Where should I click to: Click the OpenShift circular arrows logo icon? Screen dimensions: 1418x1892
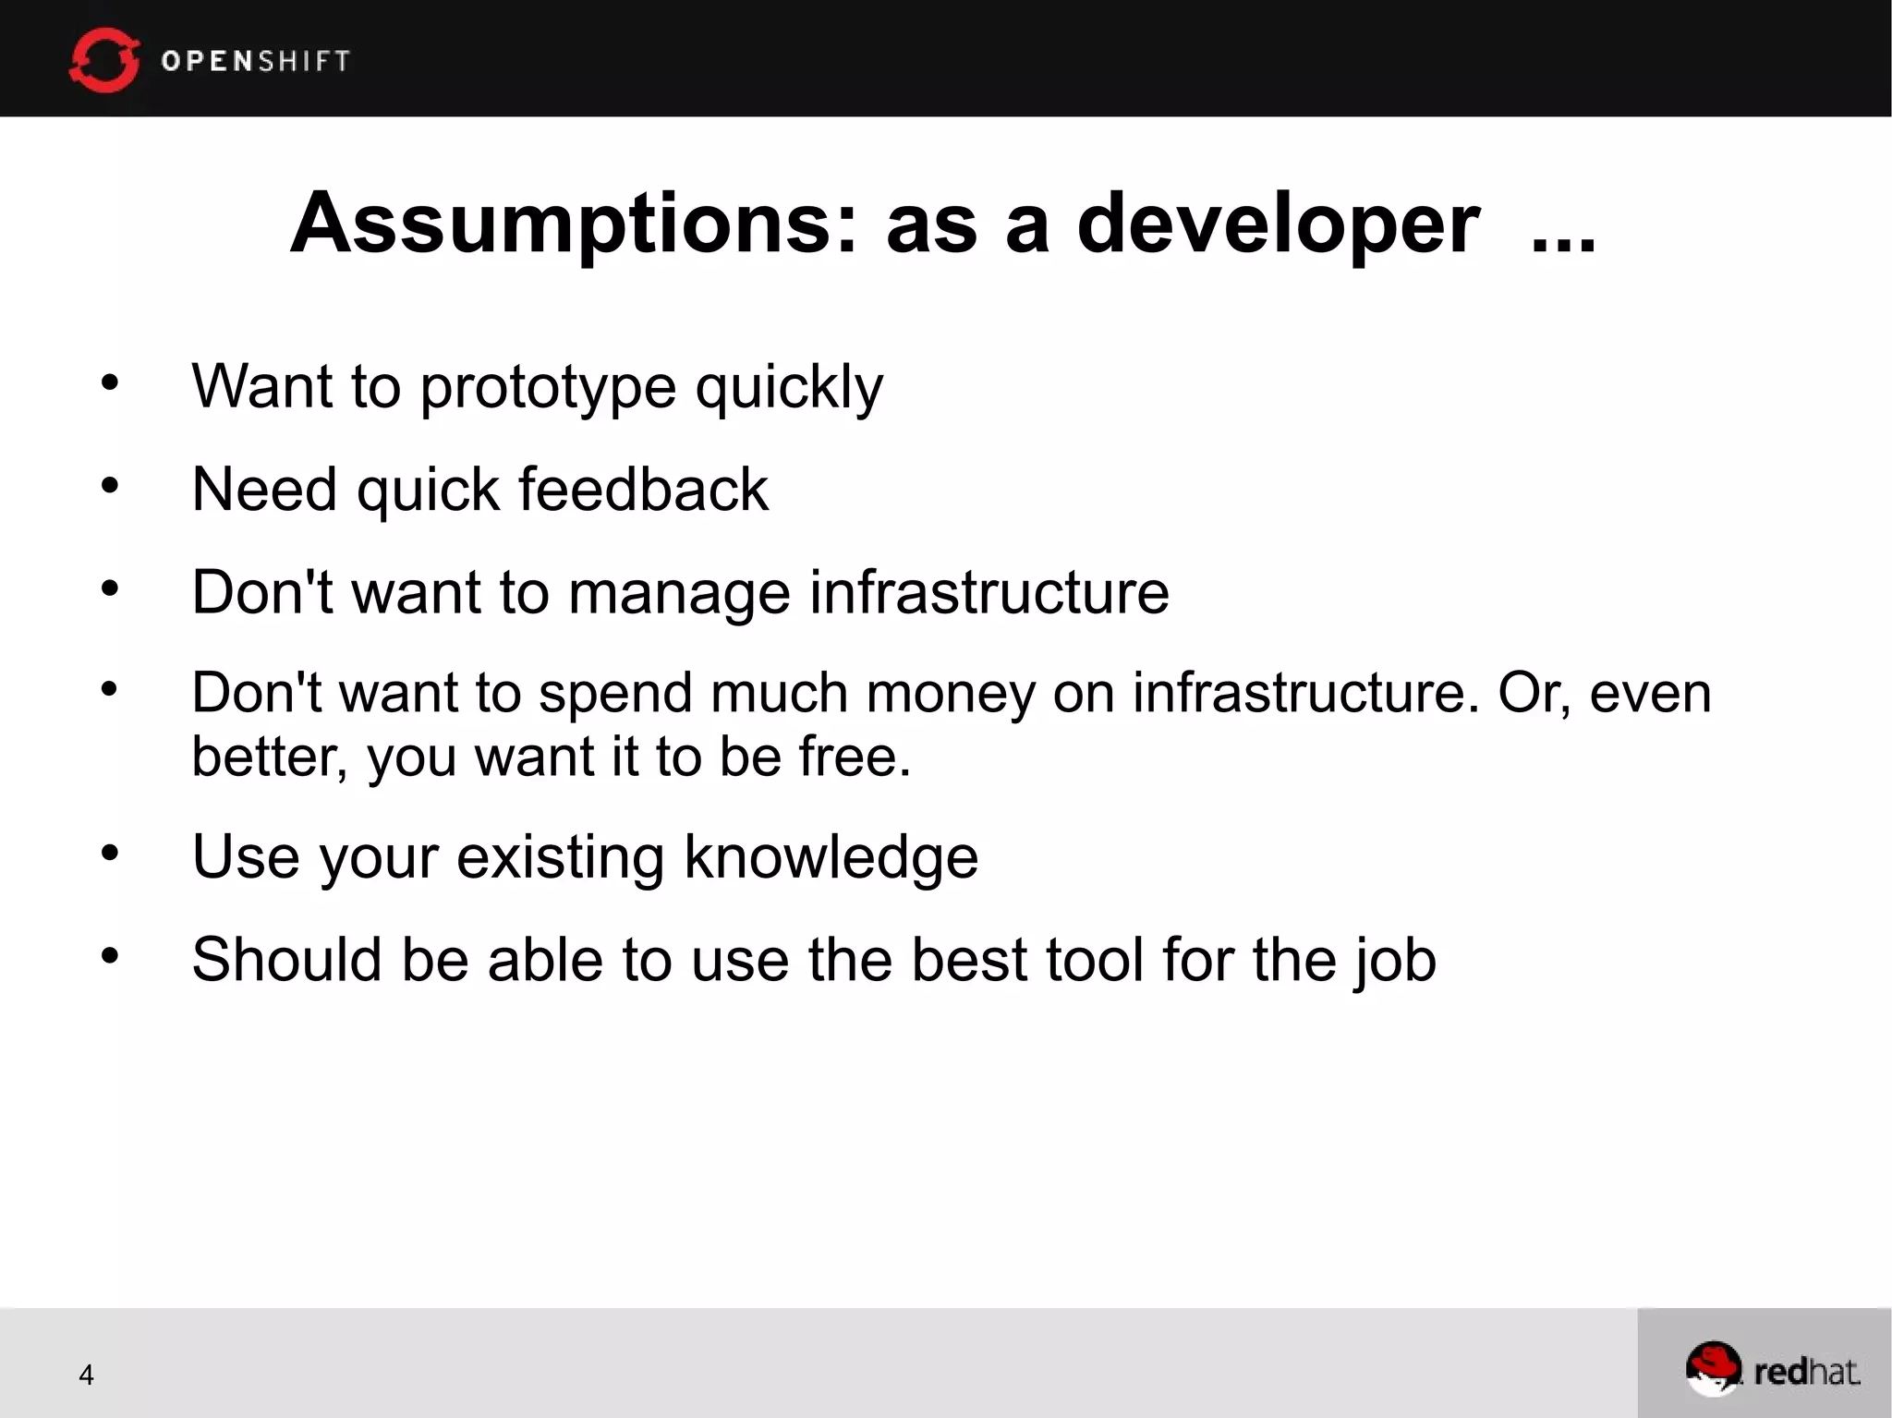[x=104, y=60]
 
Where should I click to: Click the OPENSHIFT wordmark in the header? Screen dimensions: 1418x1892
[x=256, y=61]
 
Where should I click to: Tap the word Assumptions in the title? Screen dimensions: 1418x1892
[x=574, y=224]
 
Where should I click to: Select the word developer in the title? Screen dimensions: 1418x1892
[x=1278, y=224]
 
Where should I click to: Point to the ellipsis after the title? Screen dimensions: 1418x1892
[x=1563, y=242]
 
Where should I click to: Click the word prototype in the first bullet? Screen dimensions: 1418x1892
[x=548, y=387]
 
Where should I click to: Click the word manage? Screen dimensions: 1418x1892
[x=679, y=593]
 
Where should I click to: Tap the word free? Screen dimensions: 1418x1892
[x=854, y=757]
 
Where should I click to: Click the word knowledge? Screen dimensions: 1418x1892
[x=831, y=858]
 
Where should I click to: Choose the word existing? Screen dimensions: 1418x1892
[x=560, y=858]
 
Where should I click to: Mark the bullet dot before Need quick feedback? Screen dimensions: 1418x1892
[x=110, y=485]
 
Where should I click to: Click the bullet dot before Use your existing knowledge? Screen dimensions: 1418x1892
[x=110, y=854]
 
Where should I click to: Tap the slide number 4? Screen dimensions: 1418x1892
[x=86, y=1375]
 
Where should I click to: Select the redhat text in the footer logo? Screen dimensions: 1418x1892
[x=1806, y=1372]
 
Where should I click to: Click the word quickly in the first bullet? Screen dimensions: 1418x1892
[x=789, y=387]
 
